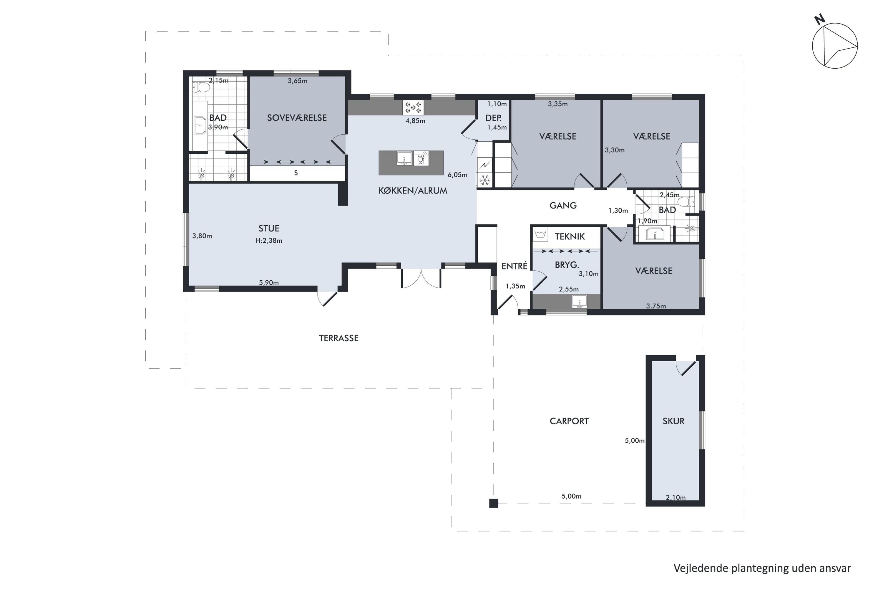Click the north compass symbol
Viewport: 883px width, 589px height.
(834, 45)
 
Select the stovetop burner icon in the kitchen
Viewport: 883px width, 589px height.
(413, 107)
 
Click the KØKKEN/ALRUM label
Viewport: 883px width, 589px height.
(413, 191)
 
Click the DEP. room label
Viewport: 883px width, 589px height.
(493, 118)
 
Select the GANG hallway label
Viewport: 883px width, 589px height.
(563, 206)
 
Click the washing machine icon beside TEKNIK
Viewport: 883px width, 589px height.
(540, 235)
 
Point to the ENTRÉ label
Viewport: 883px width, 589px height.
(514, 266)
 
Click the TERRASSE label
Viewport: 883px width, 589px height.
(339, 338)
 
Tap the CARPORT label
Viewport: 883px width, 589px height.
(569, 421)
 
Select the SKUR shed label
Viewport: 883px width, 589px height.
(673, 421)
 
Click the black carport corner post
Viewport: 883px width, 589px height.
(494, 503)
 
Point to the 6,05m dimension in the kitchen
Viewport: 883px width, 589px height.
(457, 175)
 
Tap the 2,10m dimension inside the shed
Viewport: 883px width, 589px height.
(676, 498)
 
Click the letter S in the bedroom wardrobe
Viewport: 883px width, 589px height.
(296, 173)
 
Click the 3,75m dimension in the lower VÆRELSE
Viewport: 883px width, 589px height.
(656, 306)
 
